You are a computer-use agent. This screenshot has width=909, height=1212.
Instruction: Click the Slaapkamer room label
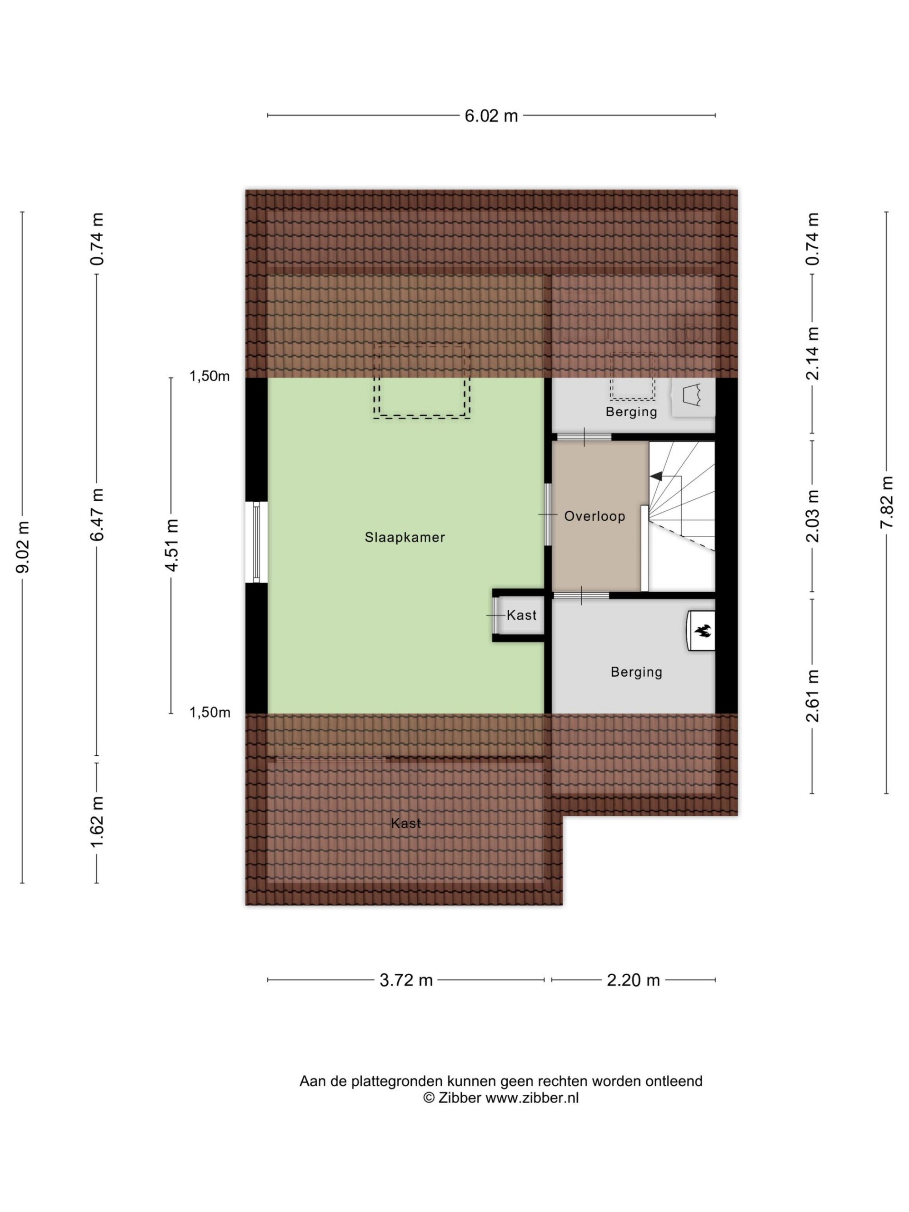[405, 538]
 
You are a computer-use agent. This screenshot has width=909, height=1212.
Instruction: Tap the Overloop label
[594, 516]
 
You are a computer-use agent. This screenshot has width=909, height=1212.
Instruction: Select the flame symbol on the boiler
[702, 631]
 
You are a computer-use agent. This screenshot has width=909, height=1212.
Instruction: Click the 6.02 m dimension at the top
[491, 115]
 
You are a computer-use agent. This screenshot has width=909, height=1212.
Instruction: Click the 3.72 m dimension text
[406, 980]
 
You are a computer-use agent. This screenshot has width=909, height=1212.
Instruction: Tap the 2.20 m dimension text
[633, 980]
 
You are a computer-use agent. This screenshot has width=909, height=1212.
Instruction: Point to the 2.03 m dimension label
[813, 516]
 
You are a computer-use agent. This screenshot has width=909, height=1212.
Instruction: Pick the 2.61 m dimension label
[813, 696]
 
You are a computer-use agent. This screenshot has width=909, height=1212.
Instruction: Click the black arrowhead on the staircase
[656, 476]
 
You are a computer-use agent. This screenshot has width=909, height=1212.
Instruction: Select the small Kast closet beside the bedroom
[518, 615]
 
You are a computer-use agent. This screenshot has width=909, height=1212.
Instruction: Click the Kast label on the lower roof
[406, 823]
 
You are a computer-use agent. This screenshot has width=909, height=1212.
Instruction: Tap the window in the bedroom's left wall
[256, 543]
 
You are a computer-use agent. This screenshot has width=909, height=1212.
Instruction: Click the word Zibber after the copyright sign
[459, 1097]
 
